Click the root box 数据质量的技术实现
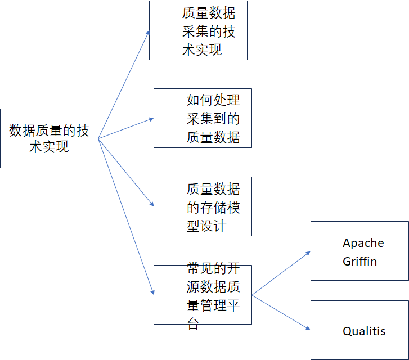click(x=49, y=138)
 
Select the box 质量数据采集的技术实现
click(x=198, y=30)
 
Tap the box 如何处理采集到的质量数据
click(x=203, y=118)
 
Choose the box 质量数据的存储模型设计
click(x=203, y=206)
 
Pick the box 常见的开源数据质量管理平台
click(x=203, y=294)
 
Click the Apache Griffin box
click(x=359, y=251)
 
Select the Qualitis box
click(x=359, y=330)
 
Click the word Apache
click(x=363, y=243)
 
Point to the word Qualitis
click(x=364, y=331)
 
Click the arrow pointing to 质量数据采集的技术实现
click(x=124, y=84)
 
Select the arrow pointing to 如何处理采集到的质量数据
click(x=126, y=128)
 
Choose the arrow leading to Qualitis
click(x=281, y=312)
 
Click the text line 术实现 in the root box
click(x=49, y=147)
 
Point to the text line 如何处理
click(x=213, y=100)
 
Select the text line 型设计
click(x=206, y=226)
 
